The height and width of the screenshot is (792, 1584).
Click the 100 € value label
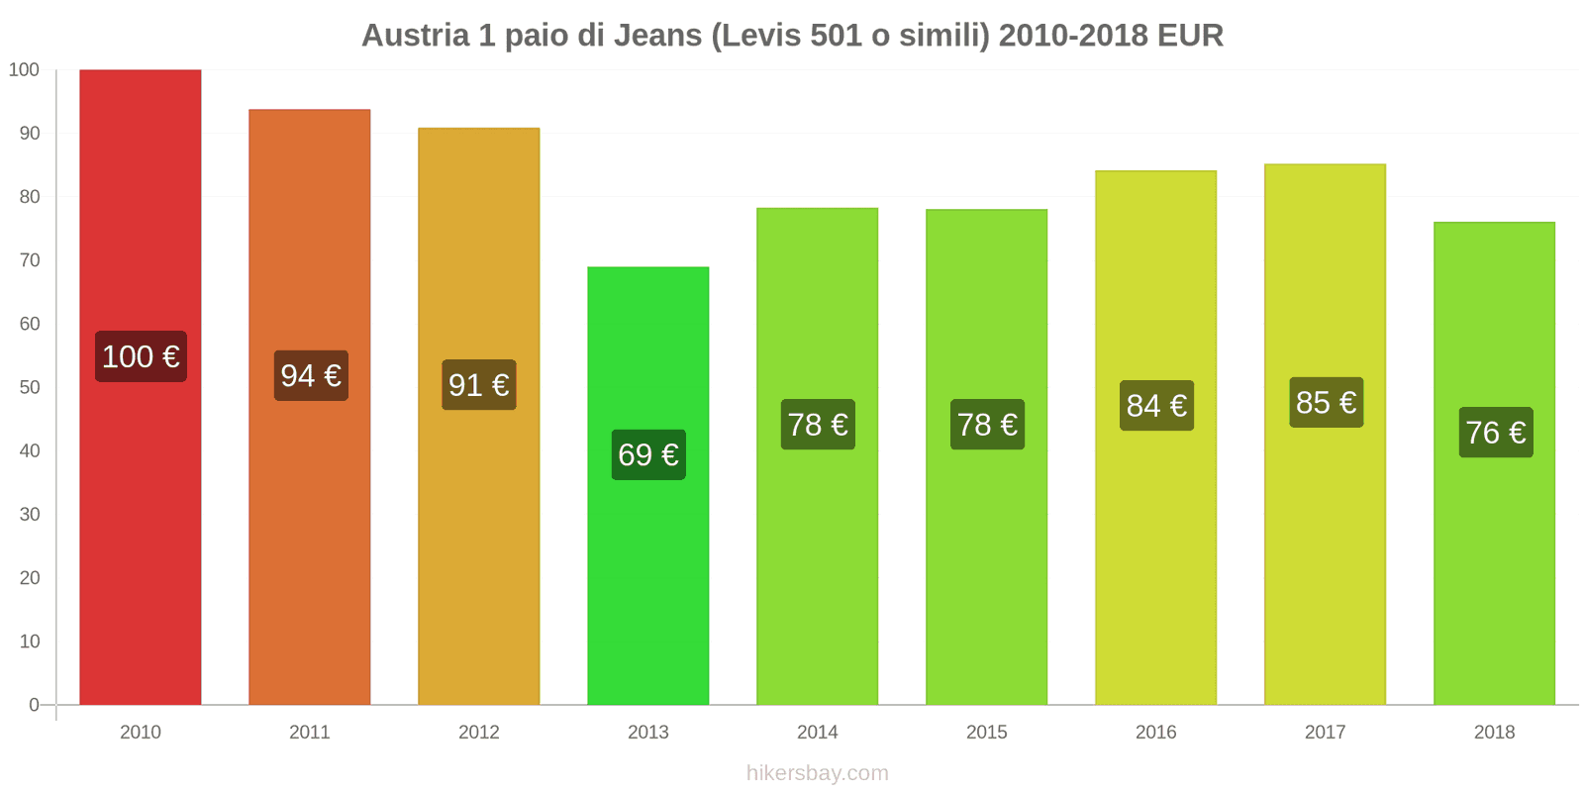coord(141,356)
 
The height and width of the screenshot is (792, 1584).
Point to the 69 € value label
coord(648,454)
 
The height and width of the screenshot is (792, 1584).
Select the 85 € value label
coord(1326,402)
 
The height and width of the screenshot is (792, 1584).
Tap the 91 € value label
coord(478,384)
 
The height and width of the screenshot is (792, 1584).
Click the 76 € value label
coord(1495,432)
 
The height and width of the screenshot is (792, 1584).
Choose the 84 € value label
coord(1156,405)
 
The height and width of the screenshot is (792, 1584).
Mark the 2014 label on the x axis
coord(817,732)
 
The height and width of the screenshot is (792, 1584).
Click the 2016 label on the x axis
coord(1155,732)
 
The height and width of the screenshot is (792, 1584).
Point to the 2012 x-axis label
coord(478,732)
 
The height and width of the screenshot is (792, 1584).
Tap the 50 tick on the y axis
coord(30,387)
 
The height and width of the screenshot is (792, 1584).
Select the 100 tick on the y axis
coord(24,69)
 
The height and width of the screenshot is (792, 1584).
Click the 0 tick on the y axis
coord(34,705)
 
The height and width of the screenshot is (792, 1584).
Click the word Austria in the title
coord(415,36)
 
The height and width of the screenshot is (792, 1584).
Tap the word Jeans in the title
coord(657,36)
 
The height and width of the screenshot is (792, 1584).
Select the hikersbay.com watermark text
coord(817,772)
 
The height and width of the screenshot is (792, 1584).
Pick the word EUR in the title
coord(1190,36)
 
